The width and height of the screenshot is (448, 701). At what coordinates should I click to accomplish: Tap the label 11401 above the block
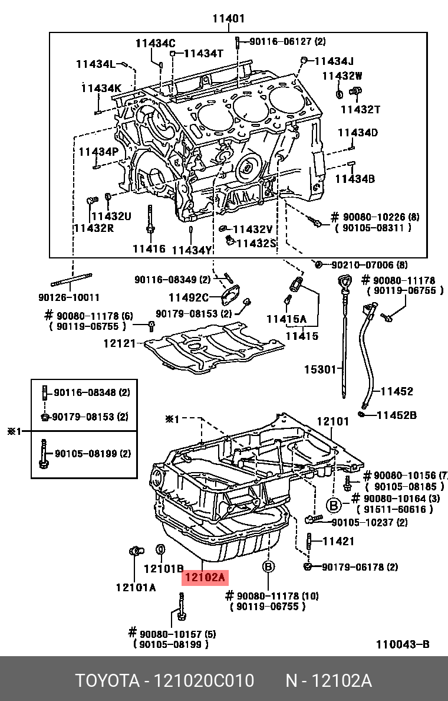pyautogui.click(x=228, y=19)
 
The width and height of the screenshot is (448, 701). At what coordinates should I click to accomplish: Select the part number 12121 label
pyautogui.click(x=120, y=343)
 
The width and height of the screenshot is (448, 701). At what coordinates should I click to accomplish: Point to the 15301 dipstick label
pyautogui.click(x=319, y=370)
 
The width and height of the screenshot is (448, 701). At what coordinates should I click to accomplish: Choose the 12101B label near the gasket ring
pyautogui.click(x=164, y=569)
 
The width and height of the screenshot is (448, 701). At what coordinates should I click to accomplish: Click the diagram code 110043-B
pyautogui.click(x=403, y=644)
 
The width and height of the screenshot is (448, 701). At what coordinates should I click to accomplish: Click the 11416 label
pyautogui.click(x=149, y=249)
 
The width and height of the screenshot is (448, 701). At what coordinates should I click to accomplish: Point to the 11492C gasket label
pyautogui.click(x=189, y=297)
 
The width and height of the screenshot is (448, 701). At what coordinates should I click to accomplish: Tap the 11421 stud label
pyautogui.click(x=338, y=541)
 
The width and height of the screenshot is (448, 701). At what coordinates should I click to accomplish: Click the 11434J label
pyautogui.click(x=334, y=61)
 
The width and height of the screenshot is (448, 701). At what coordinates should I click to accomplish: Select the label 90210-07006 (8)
pyautogui.click(x=368, y=265)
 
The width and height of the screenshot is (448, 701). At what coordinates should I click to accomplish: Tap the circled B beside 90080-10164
pyautogui.click(x=334, y=505)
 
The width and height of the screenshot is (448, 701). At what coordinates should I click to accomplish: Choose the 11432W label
pyautogui.click(x=342, y=76)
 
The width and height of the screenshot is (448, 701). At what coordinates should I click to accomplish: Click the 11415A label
pyautogui.click(x=286, y=319)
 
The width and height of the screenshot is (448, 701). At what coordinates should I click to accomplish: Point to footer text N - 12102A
pyautogui.click(x=328, y=681)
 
